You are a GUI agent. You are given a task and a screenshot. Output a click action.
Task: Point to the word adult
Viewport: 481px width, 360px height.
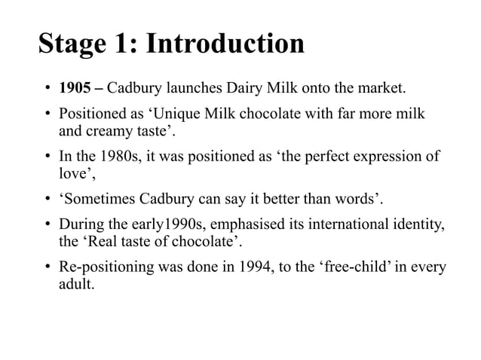[x=75, y=285]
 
